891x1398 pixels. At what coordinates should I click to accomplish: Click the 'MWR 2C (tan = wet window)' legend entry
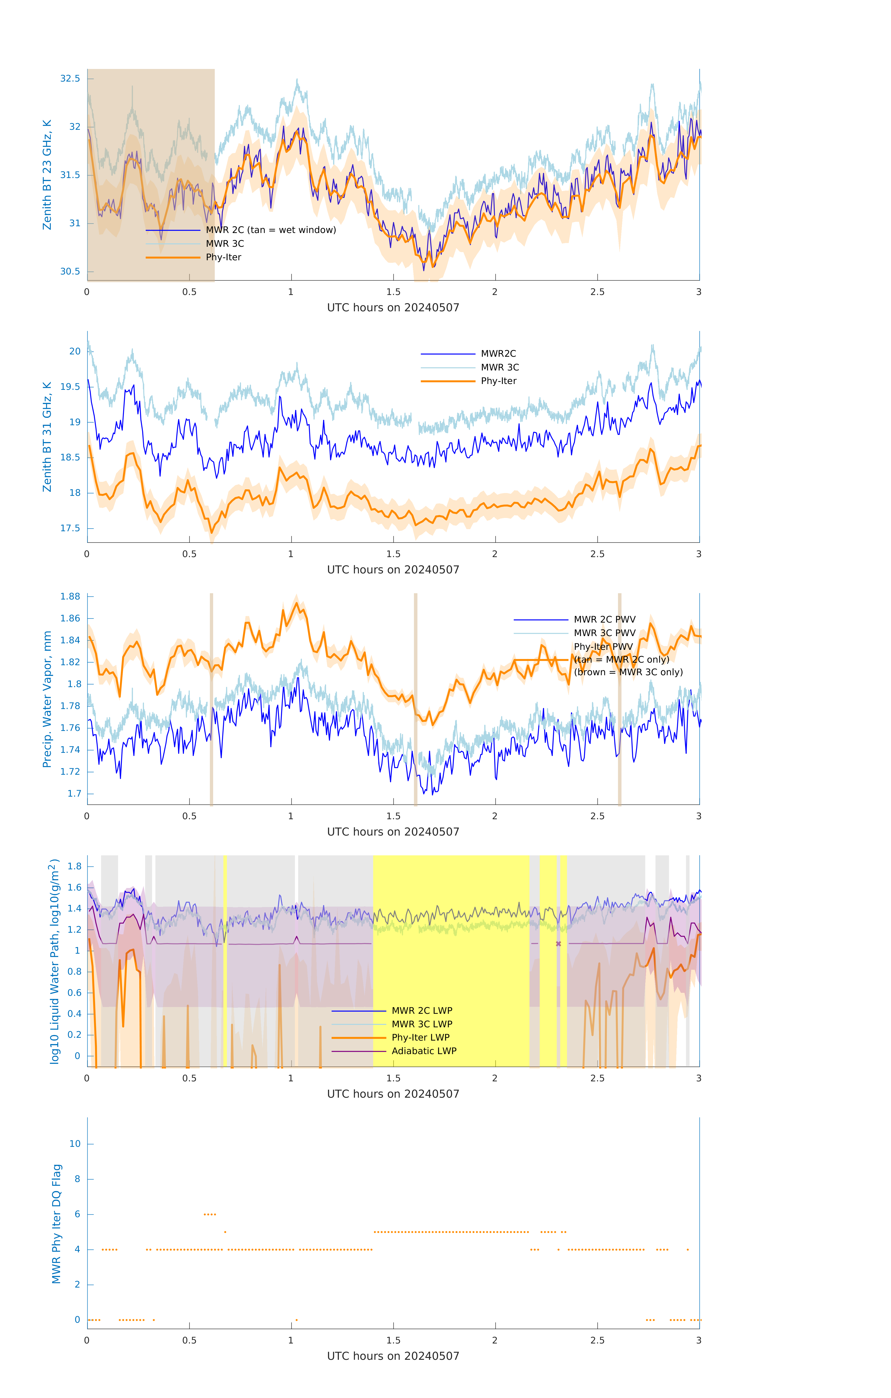(x=270, y=230)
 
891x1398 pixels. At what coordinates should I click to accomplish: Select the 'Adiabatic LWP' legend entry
(x=424, y=1051)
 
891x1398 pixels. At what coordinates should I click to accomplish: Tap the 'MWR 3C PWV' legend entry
(x=604, y=633)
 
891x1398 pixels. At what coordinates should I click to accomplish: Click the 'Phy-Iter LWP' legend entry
(x=420, y=1038)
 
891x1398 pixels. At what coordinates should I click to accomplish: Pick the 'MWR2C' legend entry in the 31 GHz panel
(x=498, y=353)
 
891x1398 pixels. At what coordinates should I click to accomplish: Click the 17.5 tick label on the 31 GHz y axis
(x=70, y=528)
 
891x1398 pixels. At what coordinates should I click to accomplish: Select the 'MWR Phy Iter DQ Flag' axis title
(x=56, y=1224)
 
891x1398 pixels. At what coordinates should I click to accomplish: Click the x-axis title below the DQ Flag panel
(x=393, y=1356)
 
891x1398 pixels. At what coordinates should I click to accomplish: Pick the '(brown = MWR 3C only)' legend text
(x=628, y=672)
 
